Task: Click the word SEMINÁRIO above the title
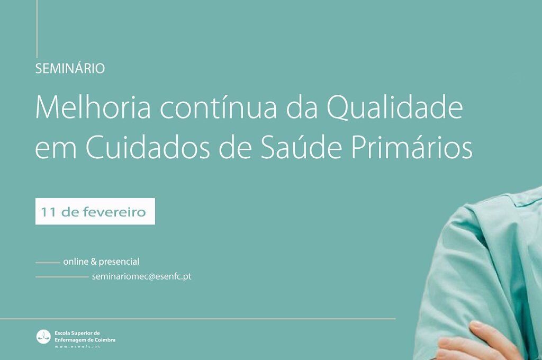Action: tap(70, 68)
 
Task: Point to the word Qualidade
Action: tap(395, 106)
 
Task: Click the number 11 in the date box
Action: tap(48, 212)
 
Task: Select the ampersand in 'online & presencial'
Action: tap(93, 262)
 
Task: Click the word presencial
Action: tap(119, 262)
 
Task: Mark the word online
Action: tap(76, 262)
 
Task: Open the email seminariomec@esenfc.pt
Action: tap(141, 277)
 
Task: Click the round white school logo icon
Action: tap(43, 337)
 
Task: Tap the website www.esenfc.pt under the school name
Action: tap(77, 347)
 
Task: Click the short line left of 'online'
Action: tap(48, 263)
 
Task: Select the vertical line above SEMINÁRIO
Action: tap(37, 29)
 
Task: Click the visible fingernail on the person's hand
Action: tap(476, 325)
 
